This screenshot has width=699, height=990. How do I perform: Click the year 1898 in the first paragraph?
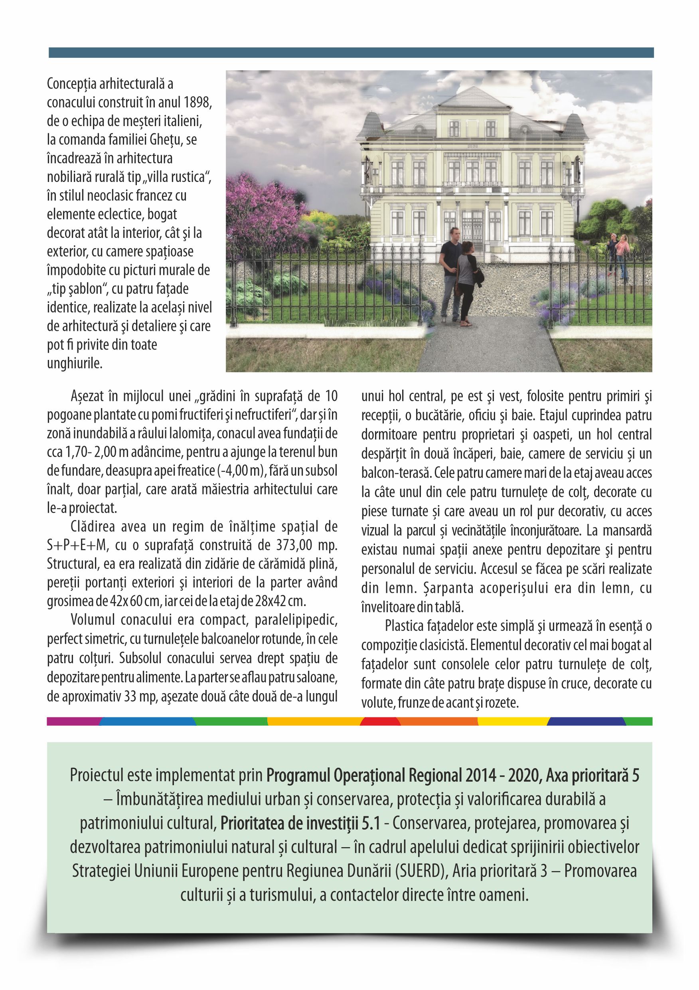pyautogui.click(x=197, y=103)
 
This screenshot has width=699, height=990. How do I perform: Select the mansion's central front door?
pyautogui.click(x=472, y=231)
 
